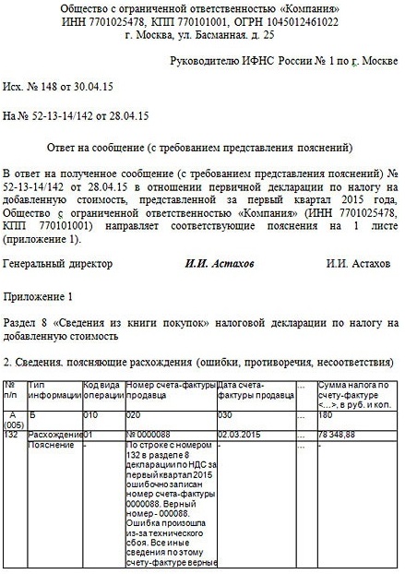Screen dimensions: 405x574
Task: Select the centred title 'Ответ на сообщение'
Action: [200, 148]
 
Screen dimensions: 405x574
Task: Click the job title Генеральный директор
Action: [58, 264]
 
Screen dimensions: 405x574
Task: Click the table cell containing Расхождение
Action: [55, 434]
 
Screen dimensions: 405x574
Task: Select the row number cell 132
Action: [12, 434]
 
